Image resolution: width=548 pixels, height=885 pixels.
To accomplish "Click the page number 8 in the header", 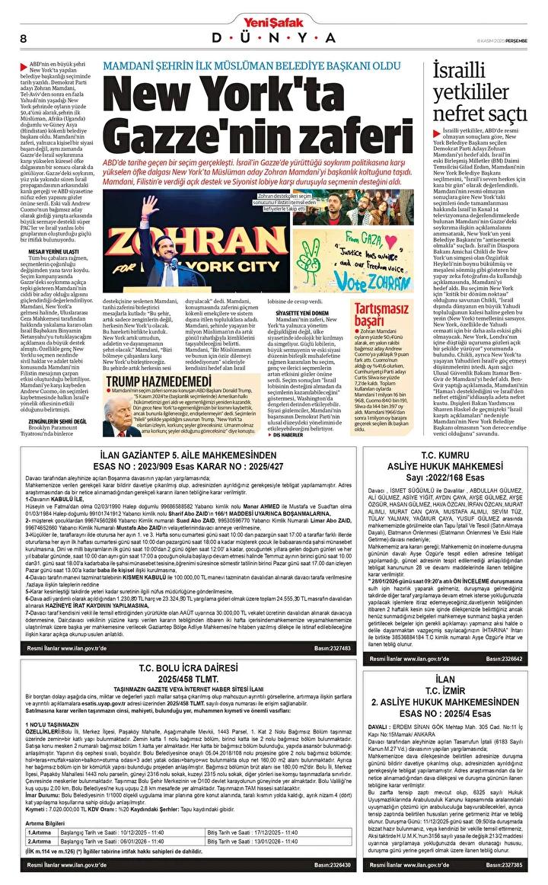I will (24, 38).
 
